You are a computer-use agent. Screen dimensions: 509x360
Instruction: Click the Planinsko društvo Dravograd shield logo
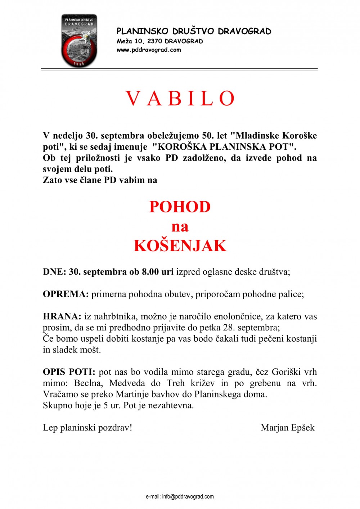click(x=79, y=40)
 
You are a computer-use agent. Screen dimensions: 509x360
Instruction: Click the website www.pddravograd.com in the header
click(x=149, y=50)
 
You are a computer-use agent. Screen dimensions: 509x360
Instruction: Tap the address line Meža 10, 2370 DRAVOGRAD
click(x=159, y=41)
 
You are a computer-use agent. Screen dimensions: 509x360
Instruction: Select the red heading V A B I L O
click(x=180, y=98)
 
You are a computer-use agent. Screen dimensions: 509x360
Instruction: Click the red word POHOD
click(x=180, y=207)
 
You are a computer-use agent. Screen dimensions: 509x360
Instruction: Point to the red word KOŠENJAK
click(x=180, y=246)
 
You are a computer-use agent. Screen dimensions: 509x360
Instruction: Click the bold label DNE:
click(x=54, y=272)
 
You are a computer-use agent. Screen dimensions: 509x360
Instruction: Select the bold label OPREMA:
click(x=66, y=294)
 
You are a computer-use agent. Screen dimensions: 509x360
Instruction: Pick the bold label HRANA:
click(x=62, y=316)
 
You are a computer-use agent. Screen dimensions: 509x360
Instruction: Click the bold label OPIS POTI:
click(x=69, y=372)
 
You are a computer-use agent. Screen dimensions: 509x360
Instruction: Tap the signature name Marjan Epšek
click(x=287, y=428)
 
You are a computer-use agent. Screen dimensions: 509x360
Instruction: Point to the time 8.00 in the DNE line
click(x=150, y=272)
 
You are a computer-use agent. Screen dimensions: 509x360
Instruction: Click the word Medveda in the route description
click(x=127, y=383)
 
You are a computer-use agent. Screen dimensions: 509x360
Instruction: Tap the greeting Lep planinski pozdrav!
click(x=87, y=428)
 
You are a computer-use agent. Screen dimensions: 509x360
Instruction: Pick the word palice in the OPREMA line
click(x=291, y=294)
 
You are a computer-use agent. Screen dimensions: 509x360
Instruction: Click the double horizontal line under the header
click(x=179, y=69)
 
